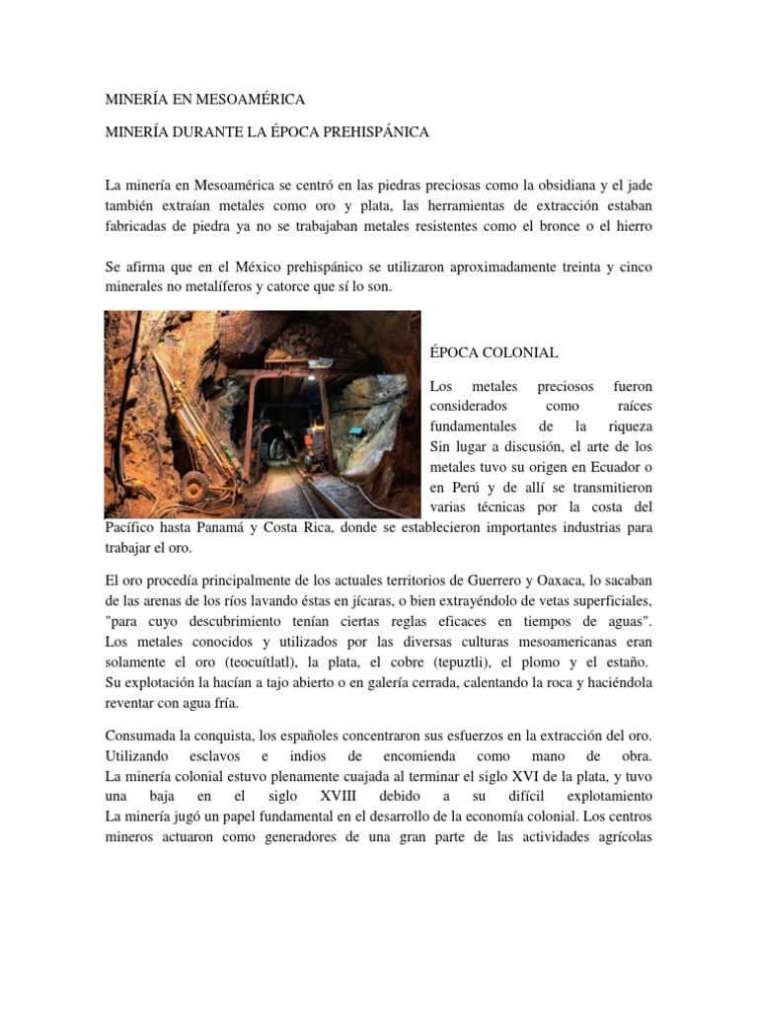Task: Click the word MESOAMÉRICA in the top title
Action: pos(251,100)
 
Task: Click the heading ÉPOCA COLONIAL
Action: pos(494,352)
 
